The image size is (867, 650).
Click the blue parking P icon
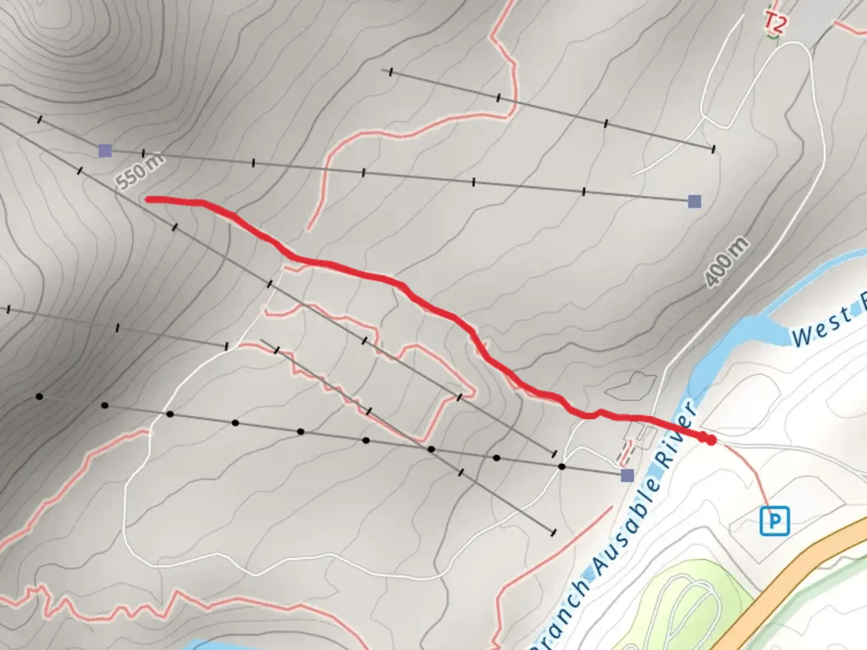click(774, 521)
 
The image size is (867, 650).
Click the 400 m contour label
click(727, 261)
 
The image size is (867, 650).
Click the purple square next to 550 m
click(105, 150)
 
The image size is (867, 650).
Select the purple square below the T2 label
click(694, 201)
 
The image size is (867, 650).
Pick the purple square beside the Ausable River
click(627, 475)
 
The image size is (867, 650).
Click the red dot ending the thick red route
click(712, 441)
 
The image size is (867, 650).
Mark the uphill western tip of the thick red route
click(149, 199)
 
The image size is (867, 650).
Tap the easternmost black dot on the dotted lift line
click(562, 466)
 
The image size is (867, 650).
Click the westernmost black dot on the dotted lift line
click(40, 397)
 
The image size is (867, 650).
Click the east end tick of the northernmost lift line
click(713, 149)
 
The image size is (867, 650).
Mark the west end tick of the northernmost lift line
click(391, 72)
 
